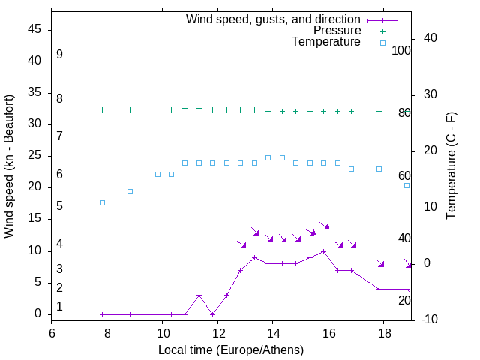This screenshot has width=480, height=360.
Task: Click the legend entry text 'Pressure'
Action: pyautogui.click(x=337, y=31)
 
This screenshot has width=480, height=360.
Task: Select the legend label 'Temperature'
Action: pyautogui.click(x=326, y=42)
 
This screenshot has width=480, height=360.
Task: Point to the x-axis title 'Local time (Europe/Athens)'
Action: pyautogui.click(x=231, y=350)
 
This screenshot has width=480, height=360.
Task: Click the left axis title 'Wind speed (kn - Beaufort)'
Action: pyautogui.click(x=9, y=166)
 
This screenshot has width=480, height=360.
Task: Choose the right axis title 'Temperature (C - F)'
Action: pyautogui.click(x=451, y=166)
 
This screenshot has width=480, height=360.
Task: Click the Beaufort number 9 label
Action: pyautogui.click(x=59, y=55)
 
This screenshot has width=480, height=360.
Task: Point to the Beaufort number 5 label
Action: pyautogui.click(x=59, y=205)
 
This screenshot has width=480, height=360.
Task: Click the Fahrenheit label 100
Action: pyautogui.click(x=402, y=51)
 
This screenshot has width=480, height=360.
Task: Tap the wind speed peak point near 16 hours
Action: pyautogui.click(x=323, y=251)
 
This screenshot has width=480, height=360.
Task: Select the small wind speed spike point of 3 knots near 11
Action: pyautogui.click(x=199, y=295)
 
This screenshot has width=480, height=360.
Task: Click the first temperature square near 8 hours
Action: pyautogui.click(x=103, y=202)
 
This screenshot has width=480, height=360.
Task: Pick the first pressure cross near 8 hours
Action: pyautogui.click(x=103, y=110)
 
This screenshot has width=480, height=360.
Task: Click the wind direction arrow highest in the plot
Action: pyautogui.click(x=325, y=225)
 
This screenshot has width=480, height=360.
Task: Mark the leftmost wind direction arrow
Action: pyautogui.click(x=241, y=244)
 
